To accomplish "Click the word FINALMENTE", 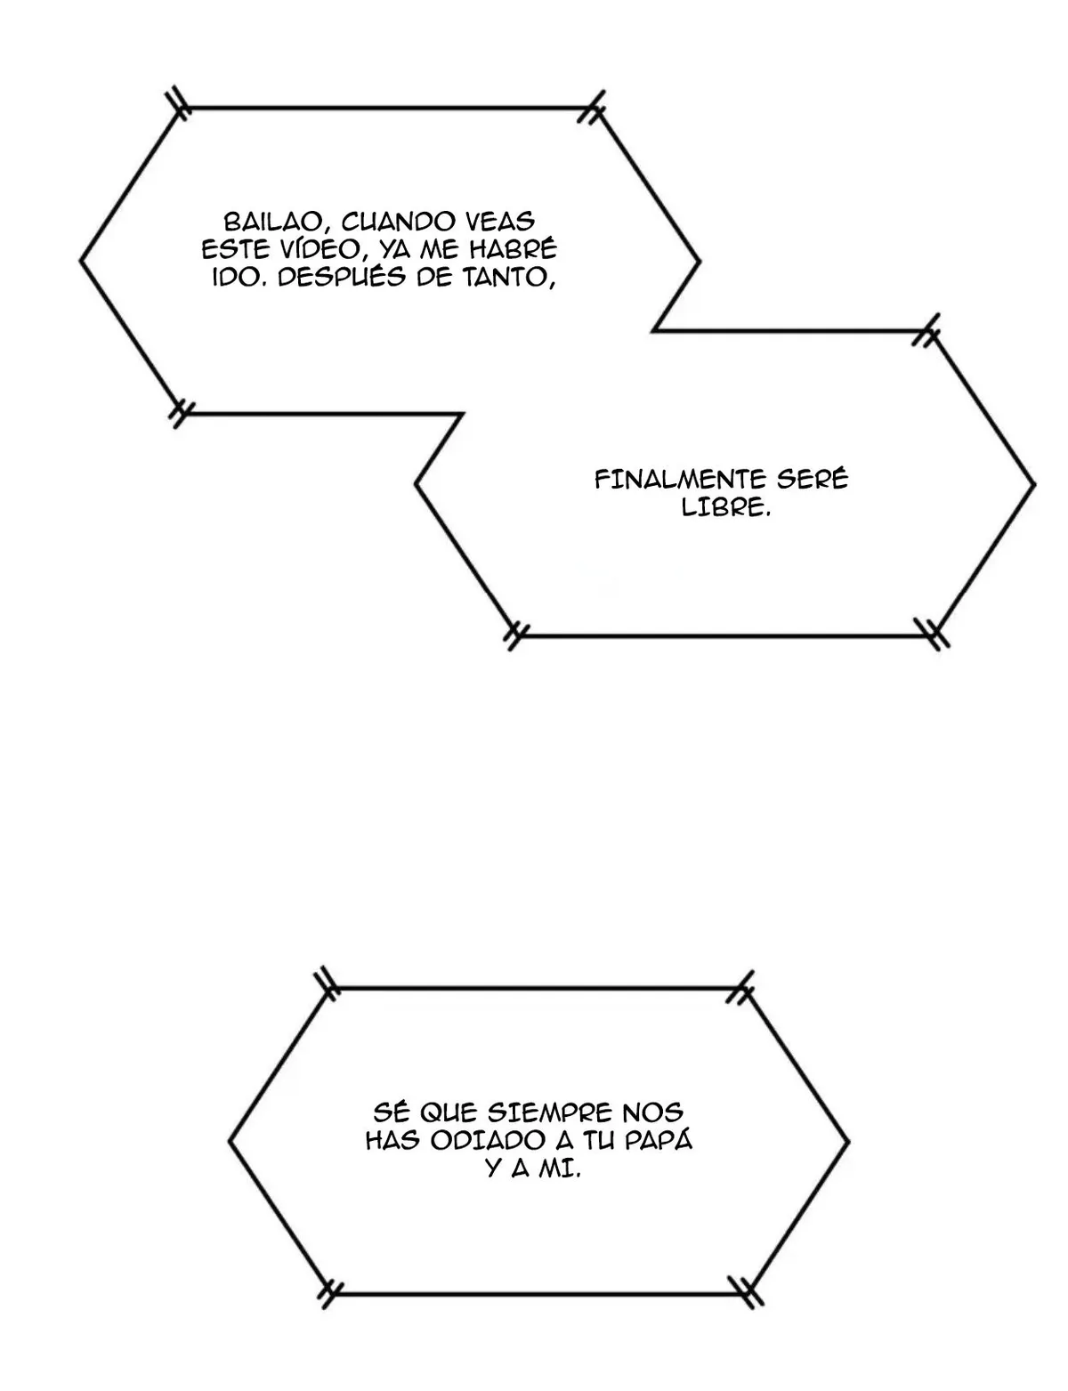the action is [x=680, y=480].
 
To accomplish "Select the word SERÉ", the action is [x=812, y=479].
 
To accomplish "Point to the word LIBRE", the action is [x=725, y=507].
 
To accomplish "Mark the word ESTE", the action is [x=229, y=250].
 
